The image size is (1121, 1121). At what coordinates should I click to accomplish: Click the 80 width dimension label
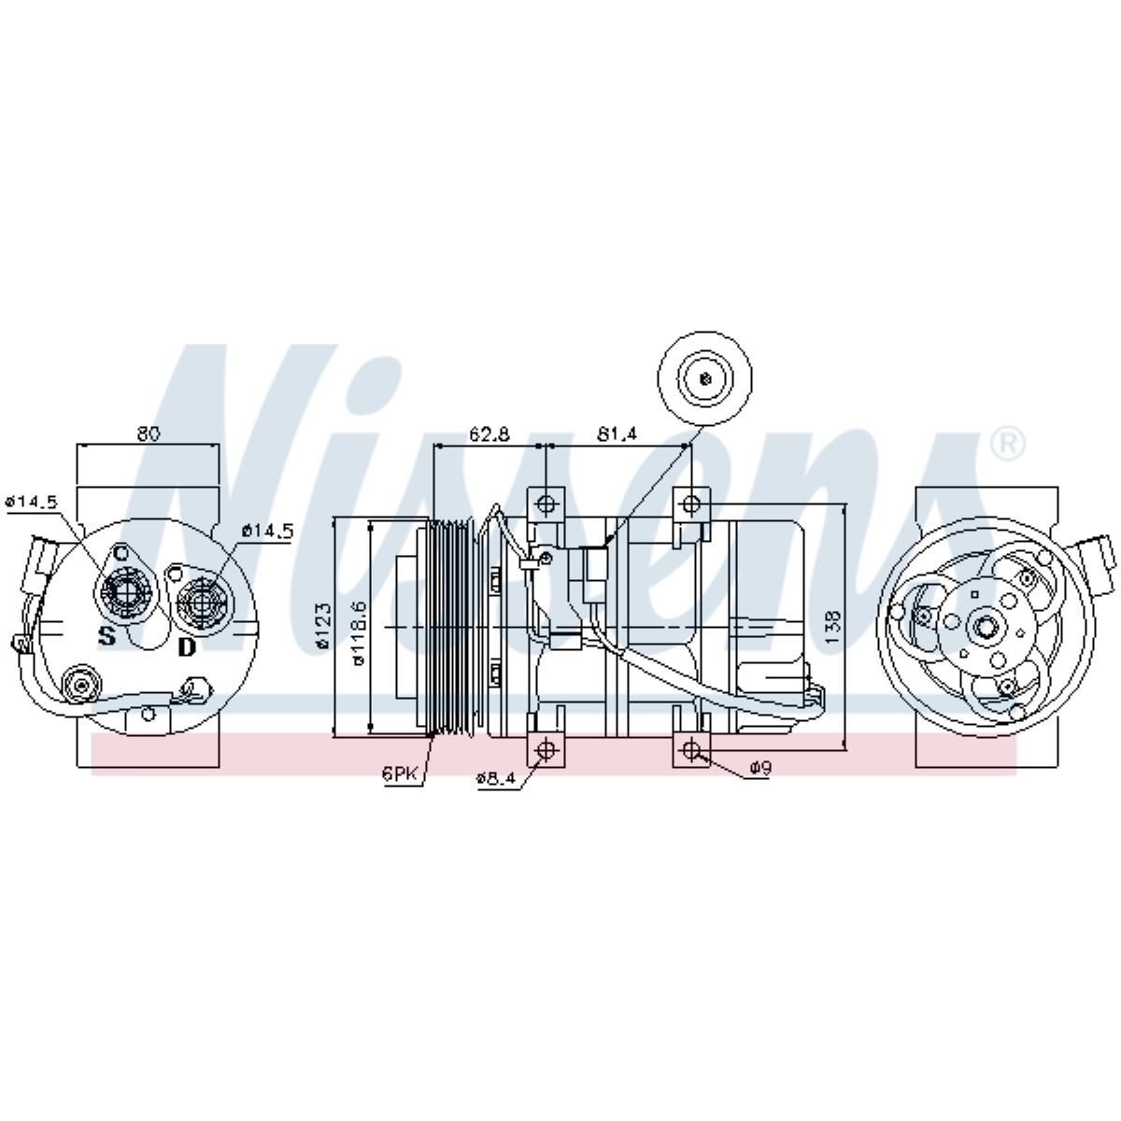[x=149, y=433]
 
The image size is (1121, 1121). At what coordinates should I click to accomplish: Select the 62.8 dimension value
[x=490, y=433]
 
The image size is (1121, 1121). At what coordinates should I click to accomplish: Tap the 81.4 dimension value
[x=617, y=433]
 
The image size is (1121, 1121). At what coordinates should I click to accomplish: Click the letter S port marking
[x=107, y=637]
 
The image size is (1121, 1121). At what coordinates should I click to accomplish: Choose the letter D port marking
[x=188, y=646]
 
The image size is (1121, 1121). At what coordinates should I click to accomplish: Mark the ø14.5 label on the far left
[x=31, y=502]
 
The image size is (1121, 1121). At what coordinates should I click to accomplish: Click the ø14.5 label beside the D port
[x=267, y=531]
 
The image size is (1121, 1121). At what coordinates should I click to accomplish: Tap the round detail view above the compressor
[x=705, y=378]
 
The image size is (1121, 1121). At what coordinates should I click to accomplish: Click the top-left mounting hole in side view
[x=546, y=505]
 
